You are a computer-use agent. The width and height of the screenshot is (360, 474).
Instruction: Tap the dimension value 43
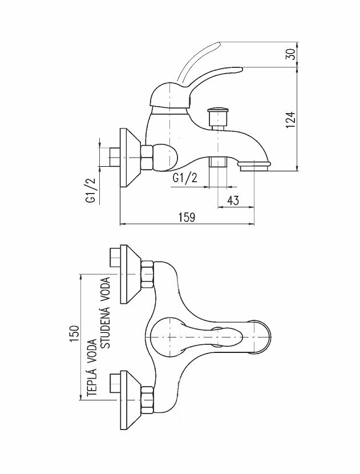point(232,200)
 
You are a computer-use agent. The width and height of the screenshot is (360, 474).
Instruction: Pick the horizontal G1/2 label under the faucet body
point(185,179)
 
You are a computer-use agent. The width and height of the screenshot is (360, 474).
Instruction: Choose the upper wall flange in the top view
point(130,274)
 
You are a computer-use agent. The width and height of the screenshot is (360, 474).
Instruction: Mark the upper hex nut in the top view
point(148,274)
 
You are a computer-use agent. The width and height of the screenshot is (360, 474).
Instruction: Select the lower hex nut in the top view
point(148,400)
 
